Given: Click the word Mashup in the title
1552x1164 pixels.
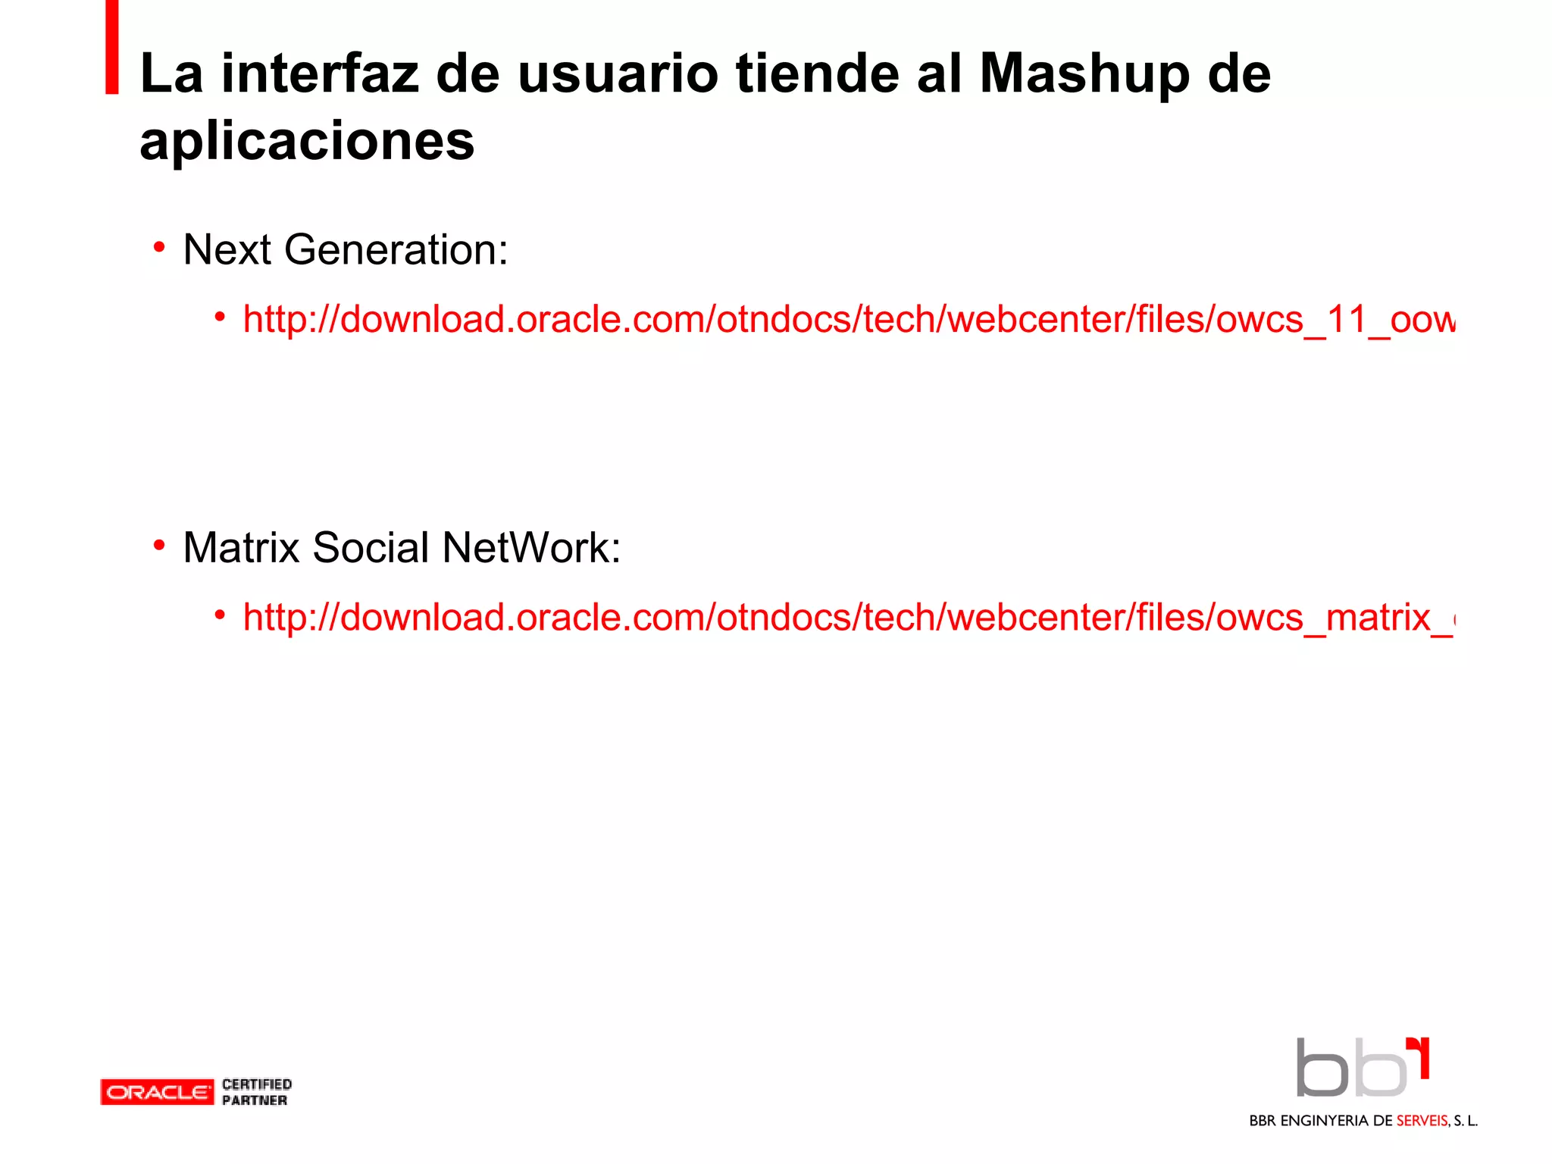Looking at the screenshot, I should point(1084,75).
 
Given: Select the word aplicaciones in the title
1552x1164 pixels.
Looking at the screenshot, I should point(307,142).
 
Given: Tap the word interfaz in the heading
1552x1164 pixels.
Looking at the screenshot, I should point(320,74).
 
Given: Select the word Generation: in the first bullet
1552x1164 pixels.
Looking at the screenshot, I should point(396,250).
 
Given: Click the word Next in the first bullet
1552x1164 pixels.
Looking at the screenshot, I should point(227,250).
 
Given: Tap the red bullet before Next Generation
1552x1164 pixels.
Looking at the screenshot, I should point(159,247).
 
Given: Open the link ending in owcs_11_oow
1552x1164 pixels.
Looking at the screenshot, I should point(849,319).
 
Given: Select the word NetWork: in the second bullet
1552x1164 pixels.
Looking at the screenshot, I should point(531,547).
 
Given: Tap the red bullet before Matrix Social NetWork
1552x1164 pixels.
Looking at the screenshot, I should point(159,545).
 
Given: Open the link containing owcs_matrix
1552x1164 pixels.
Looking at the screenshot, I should point(849,617).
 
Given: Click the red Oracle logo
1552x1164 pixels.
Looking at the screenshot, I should point(157,1092).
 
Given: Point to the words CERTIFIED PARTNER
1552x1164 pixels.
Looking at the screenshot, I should point(257,1092).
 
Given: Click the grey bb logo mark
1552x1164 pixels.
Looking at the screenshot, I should point(1352,1069).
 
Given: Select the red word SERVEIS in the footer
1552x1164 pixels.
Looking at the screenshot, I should point(1422,1121).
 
